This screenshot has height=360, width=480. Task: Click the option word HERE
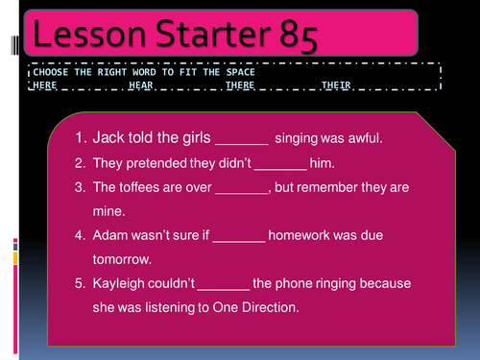point(44,85)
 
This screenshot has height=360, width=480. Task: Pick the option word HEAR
point(140,85)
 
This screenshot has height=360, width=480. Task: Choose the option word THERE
point(239,85)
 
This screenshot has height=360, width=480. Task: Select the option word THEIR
point(336,85)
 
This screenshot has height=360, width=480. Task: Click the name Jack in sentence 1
point(108,138)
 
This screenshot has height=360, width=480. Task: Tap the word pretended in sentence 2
point(156,162)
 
